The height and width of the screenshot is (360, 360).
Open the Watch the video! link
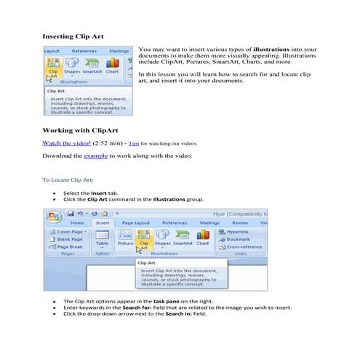click(66, 144)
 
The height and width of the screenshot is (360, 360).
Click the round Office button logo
click(52, 218)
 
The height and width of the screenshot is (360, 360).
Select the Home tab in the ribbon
click(77, 223)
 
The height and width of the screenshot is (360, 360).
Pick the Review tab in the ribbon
click(239, 223)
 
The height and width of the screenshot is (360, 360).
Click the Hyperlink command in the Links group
click(243, 231)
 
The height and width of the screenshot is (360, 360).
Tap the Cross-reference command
click(247, 247)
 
